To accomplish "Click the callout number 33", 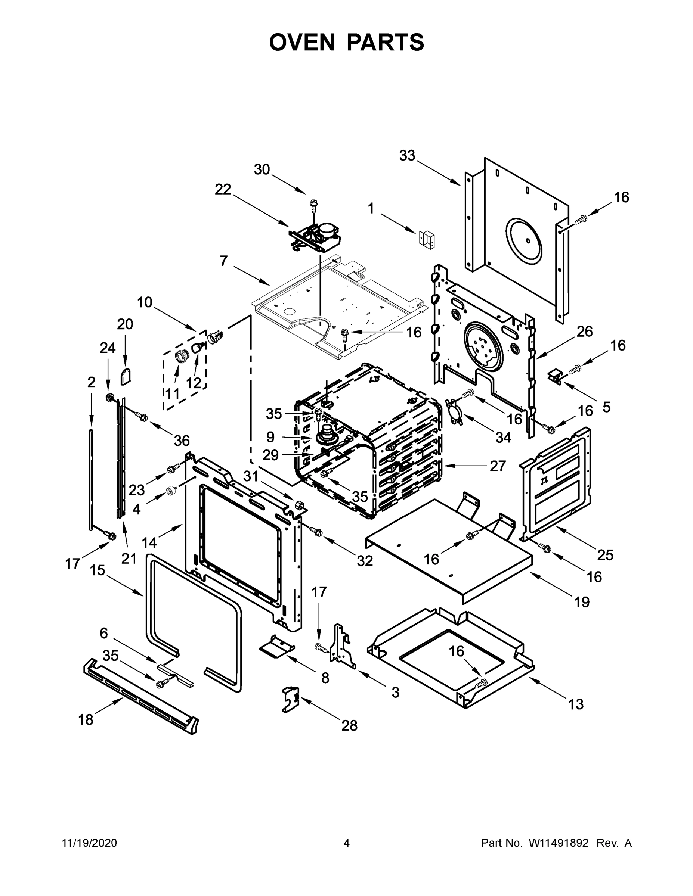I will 407,156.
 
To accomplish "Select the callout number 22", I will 223,189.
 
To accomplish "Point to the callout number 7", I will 223,261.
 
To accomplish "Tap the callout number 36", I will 182,441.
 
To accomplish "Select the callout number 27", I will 498,466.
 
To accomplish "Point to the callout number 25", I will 605,555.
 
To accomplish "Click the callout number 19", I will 582,602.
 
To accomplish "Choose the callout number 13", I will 576,704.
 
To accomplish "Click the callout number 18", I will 86,719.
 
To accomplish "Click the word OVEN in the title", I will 302,42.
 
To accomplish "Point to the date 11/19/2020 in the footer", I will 89,843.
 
